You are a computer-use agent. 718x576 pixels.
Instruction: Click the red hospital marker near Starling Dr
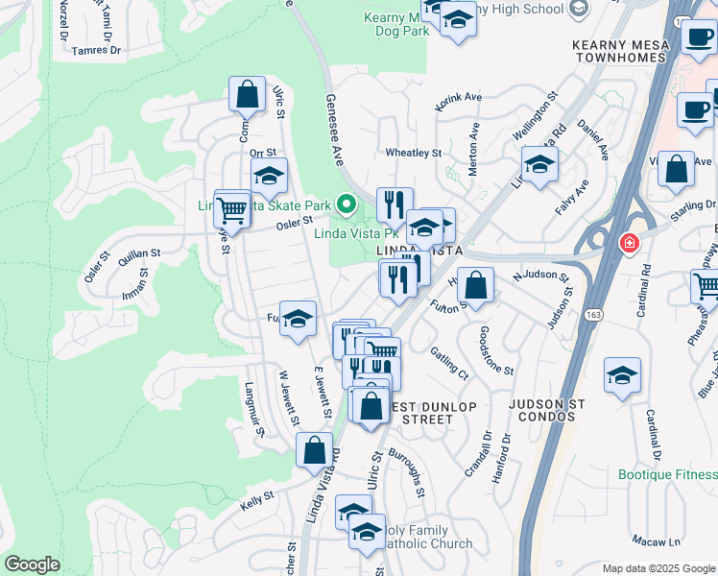click(x=630, y=244)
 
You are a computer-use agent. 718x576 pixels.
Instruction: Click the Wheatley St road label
click(x=413, y=153)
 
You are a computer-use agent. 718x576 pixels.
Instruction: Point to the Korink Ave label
click(x=460, y=98)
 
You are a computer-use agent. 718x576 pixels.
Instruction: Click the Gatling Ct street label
click(x=448, y=363)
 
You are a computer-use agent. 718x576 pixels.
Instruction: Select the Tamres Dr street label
click(x=96, y=50)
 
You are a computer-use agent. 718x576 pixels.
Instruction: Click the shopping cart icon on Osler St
click(x=231, y=208)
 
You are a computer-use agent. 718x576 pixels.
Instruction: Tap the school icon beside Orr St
click(x=269, y=177)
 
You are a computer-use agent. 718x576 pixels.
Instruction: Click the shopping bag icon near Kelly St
click(x=314, y=449)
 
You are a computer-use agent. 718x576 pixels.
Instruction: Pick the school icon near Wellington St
click(x=539, y=164)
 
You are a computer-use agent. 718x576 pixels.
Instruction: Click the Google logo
click(x=32, y=564)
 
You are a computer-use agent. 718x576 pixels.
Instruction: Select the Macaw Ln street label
click(x=661, y=543)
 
